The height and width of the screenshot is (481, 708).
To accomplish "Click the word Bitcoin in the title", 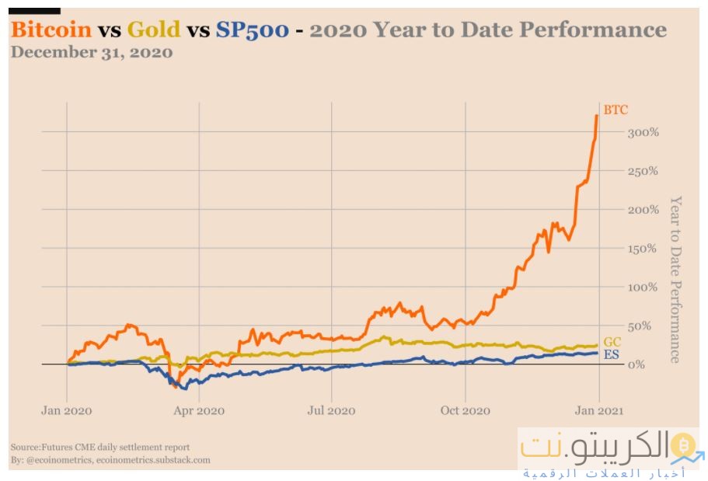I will (49, 30).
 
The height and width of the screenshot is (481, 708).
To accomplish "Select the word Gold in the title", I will (154, 30).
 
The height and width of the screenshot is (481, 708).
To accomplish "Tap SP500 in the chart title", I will (253, 30).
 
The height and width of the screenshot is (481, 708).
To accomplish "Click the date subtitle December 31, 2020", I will (92, 53).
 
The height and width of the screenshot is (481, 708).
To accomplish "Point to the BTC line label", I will (616, 110).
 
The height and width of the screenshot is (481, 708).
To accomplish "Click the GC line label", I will (612, 342).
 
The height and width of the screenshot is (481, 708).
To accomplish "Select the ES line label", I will (611, 355).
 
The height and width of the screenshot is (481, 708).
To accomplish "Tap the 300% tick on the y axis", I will (643, 132).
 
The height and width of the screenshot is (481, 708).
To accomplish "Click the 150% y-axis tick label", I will (643, 249).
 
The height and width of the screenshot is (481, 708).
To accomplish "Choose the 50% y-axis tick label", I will (640, 326).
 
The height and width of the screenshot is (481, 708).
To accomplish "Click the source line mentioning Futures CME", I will (100, 448).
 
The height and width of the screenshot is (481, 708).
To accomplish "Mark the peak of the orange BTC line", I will (596, 116).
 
